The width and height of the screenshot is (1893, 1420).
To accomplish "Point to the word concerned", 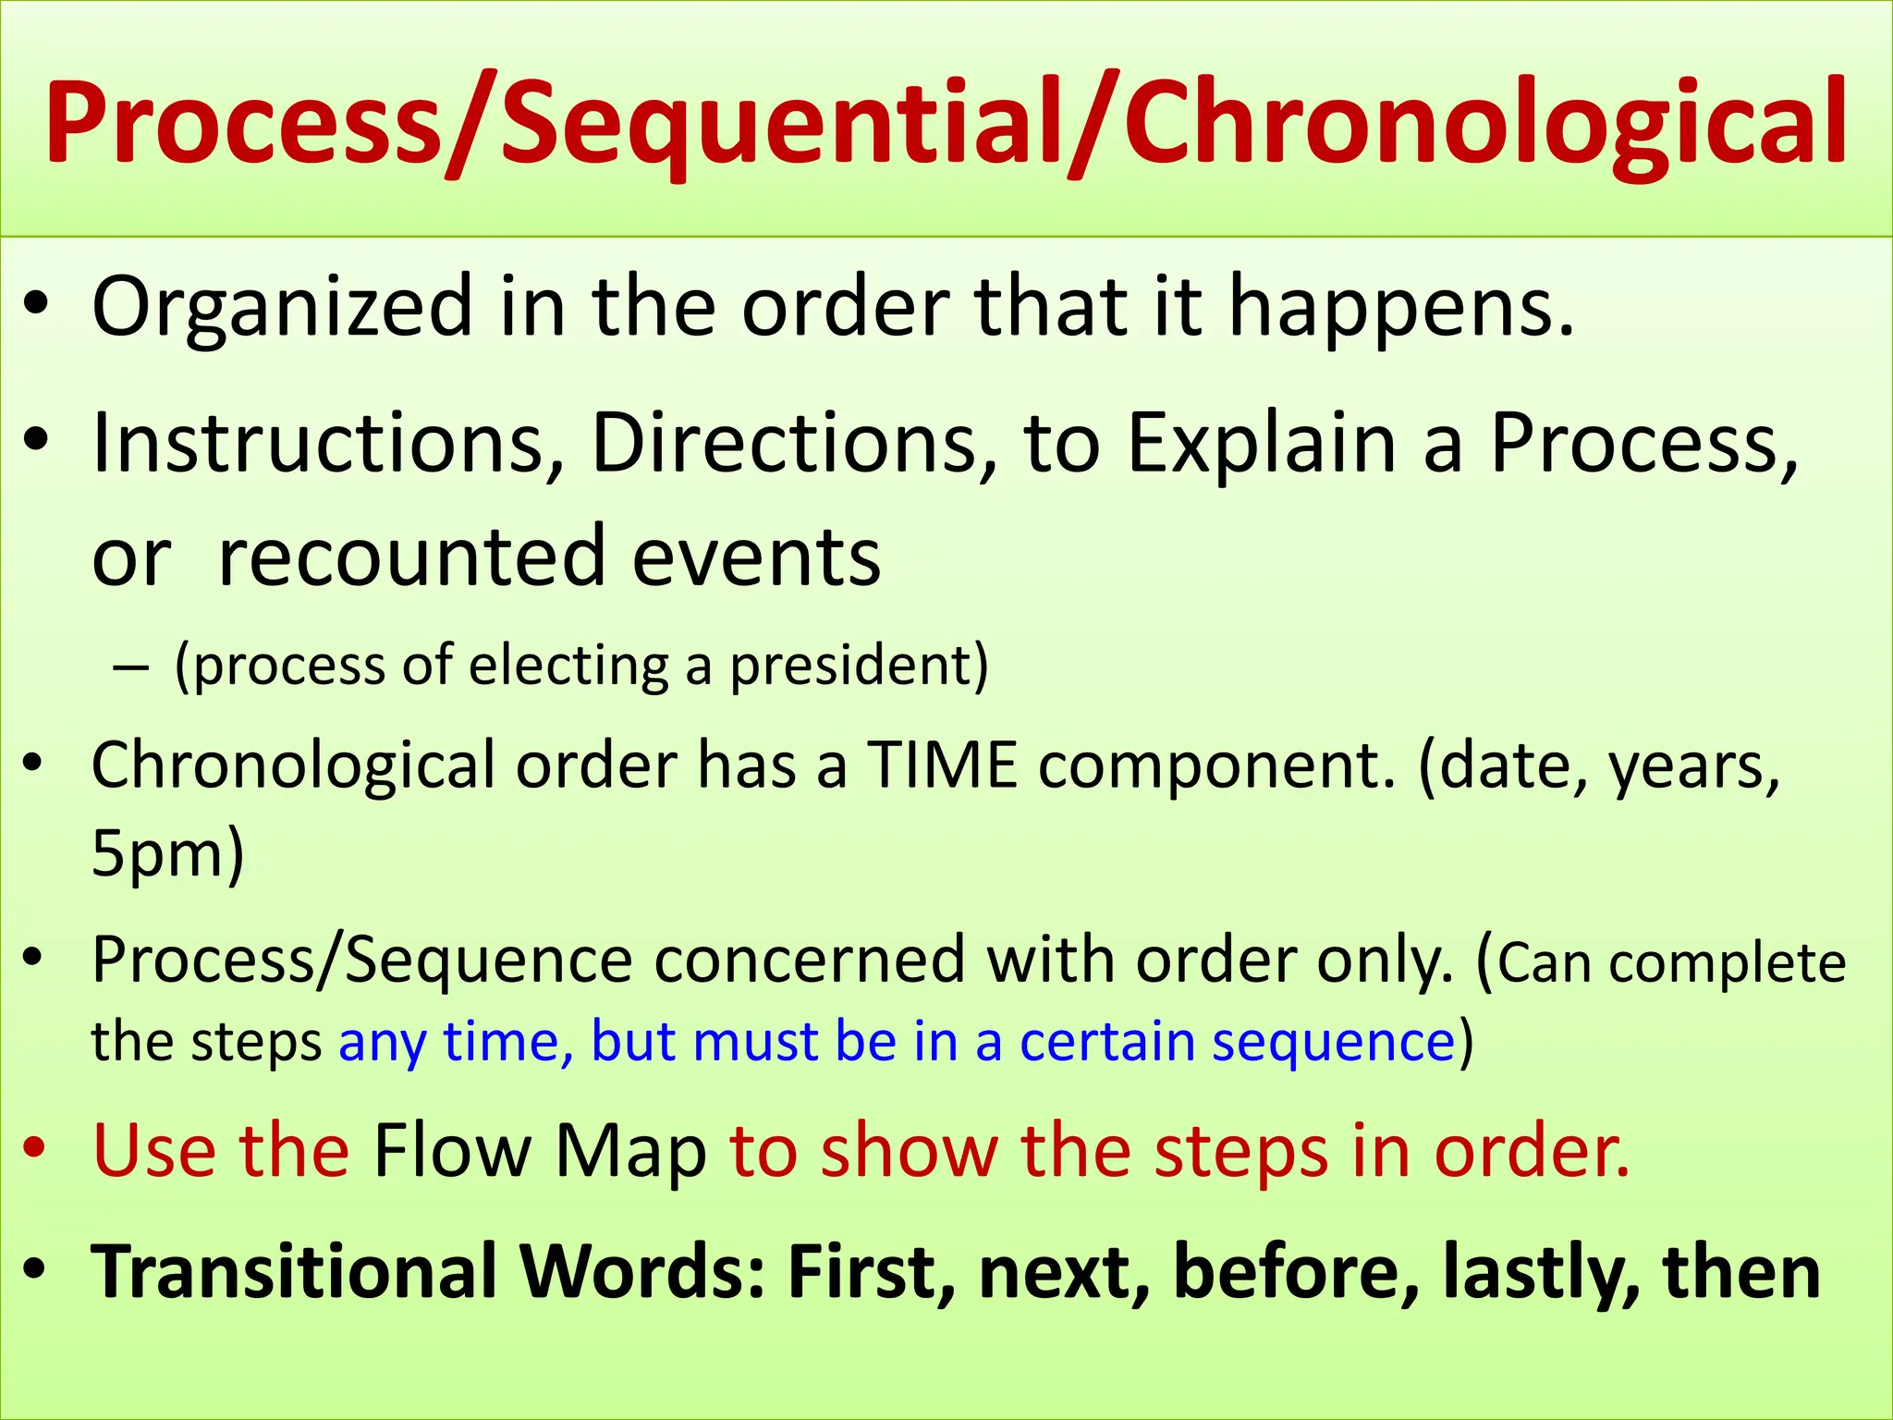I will coord(809,961).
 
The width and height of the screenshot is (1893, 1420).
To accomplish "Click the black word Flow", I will coord(452,1152).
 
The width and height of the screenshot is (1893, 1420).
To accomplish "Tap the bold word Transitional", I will coord(295,1272).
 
